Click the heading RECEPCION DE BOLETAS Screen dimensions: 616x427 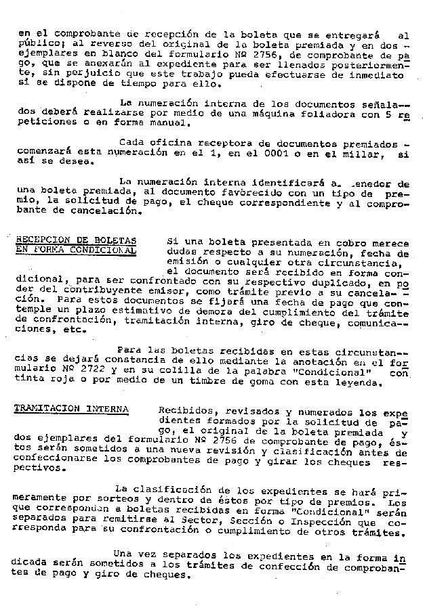coord(75,240)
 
